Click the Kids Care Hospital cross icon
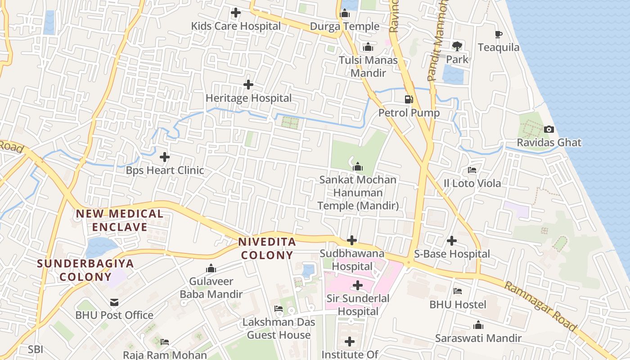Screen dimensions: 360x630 tap(235, 13)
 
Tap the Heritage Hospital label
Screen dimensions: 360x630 tap(248, 98)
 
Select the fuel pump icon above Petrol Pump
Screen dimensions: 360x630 tap(409, 99)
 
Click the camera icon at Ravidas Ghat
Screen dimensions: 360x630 tap(549, 130)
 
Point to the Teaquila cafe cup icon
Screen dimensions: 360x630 tap(498, 34)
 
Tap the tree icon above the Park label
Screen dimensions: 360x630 tap(457, 45)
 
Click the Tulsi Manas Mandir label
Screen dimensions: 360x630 tap(368, 67)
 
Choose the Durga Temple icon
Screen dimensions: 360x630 tap(345, 13)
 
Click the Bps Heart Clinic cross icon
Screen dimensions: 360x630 tap(165, 157)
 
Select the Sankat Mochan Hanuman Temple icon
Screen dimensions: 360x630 tap(358, 166)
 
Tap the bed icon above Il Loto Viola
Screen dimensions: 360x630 tap(472, 170)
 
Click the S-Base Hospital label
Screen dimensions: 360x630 tap(452, 254)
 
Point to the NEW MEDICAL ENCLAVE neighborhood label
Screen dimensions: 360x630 tap(120, 220)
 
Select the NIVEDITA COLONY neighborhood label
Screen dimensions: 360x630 tap(267, 248)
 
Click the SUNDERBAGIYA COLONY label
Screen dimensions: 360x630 tap(85, 270)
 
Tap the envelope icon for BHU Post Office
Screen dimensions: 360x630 tap(114, 302)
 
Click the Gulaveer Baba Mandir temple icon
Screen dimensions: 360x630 tap(211, 269)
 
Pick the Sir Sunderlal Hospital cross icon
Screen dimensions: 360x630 tap(358, 285)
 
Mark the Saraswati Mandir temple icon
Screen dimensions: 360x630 tap(478, 325)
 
